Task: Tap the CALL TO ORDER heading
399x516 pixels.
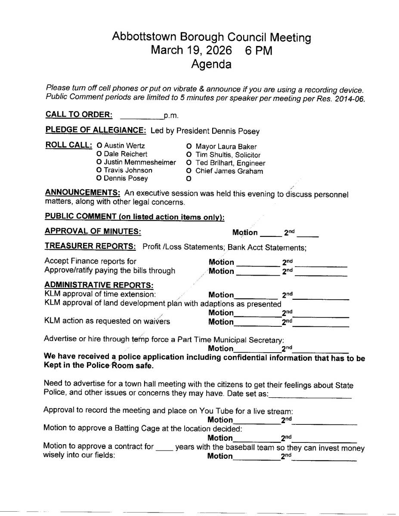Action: click(x=79, y=115)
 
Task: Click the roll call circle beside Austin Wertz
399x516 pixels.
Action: click(x=99, y=146)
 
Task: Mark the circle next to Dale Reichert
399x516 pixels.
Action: click(x=99, y=154)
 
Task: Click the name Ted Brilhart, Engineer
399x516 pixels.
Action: click(x=230, y=163)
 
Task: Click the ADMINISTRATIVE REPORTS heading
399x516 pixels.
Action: click(x=99, y=285)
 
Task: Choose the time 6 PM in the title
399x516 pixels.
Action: click(x=259, y=50)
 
